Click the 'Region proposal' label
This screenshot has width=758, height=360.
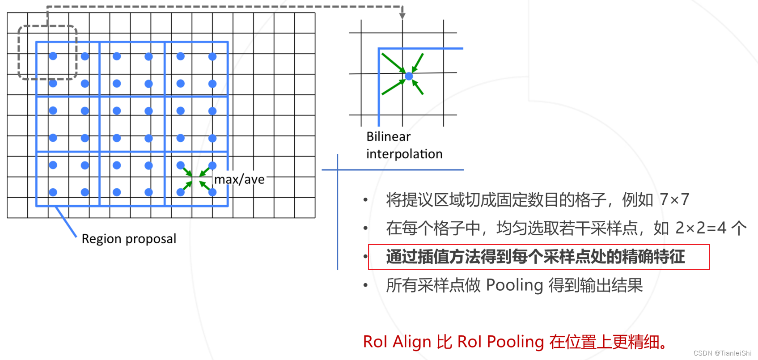129,239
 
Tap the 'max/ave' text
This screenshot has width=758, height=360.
239,180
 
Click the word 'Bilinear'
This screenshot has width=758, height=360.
388,136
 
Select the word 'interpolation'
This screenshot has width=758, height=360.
404,154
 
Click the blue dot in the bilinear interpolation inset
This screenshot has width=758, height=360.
409,76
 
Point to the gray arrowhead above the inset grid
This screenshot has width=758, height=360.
402,16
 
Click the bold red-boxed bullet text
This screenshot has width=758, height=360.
535,257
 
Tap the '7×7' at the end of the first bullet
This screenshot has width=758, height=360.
674,199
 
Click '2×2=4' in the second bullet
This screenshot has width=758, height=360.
701,228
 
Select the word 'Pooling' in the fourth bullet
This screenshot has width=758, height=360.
514,285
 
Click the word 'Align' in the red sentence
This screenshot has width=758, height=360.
412,342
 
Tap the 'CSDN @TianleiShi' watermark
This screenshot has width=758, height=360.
722,353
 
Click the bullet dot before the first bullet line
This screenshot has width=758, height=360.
366,200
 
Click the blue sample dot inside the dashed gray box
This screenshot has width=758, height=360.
53,56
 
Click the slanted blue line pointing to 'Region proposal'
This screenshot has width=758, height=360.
66,222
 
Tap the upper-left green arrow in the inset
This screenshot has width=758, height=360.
393,63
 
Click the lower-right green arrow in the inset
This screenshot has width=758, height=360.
418,87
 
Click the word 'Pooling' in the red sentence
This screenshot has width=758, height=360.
515,342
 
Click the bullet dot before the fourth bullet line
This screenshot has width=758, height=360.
366,285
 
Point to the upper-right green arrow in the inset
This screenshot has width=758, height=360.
418,63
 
